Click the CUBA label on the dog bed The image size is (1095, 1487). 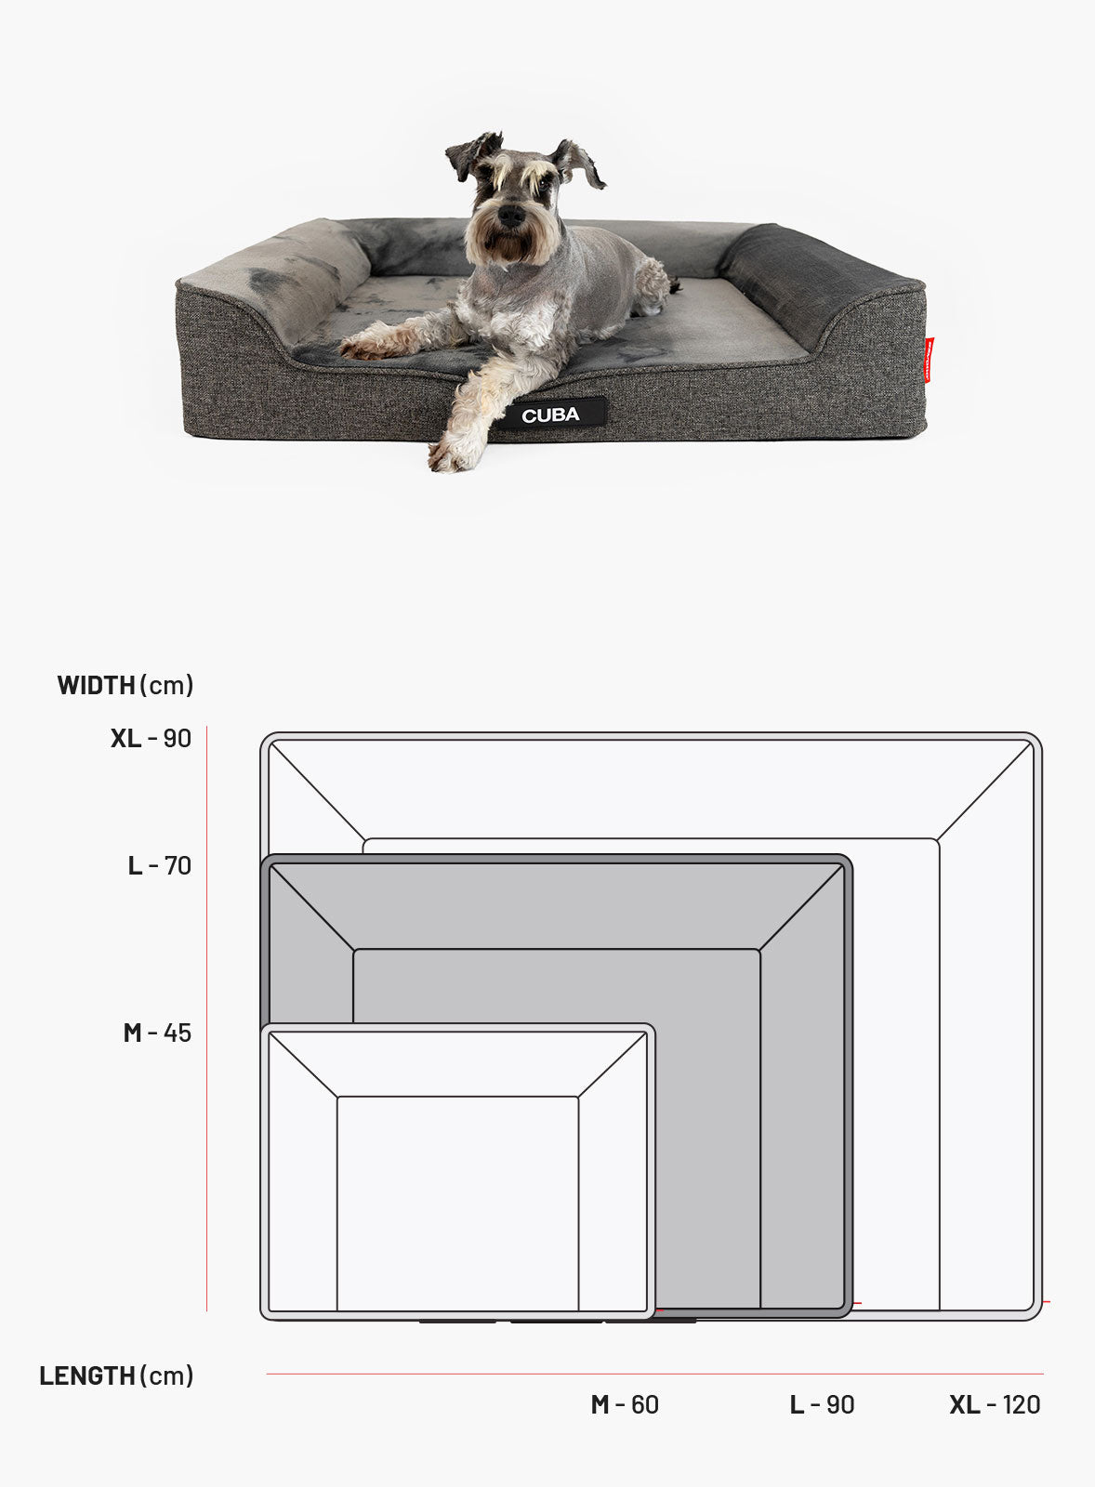coord(550,415)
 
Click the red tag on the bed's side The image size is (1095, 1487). coord(929,359)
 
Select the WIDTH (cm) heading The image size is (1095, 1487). coord(125,685)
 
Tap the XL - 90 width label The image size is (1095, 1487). coord(151,738)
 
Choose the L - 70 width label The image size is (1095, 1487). coord(159,865)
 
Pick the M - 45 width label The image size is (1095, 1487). coord(157,1033)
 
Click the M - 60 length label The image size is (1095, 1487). coord(625,1404)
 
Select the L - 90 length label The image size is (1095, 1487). coord(822,1404)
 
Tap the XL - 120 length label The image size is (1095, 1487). coord(995,1404)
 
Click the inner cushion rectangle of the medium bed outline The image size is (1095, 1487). coord(457,1204)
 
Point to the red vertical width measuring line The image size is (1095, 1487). coord(207,1019)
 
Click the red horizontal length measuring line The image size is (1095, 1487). coord(654,1374)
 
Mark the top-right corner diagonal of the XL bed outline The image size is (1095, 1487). coord(984,791)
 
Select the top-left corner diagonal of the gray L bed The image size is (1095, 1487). coord(312,907)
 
